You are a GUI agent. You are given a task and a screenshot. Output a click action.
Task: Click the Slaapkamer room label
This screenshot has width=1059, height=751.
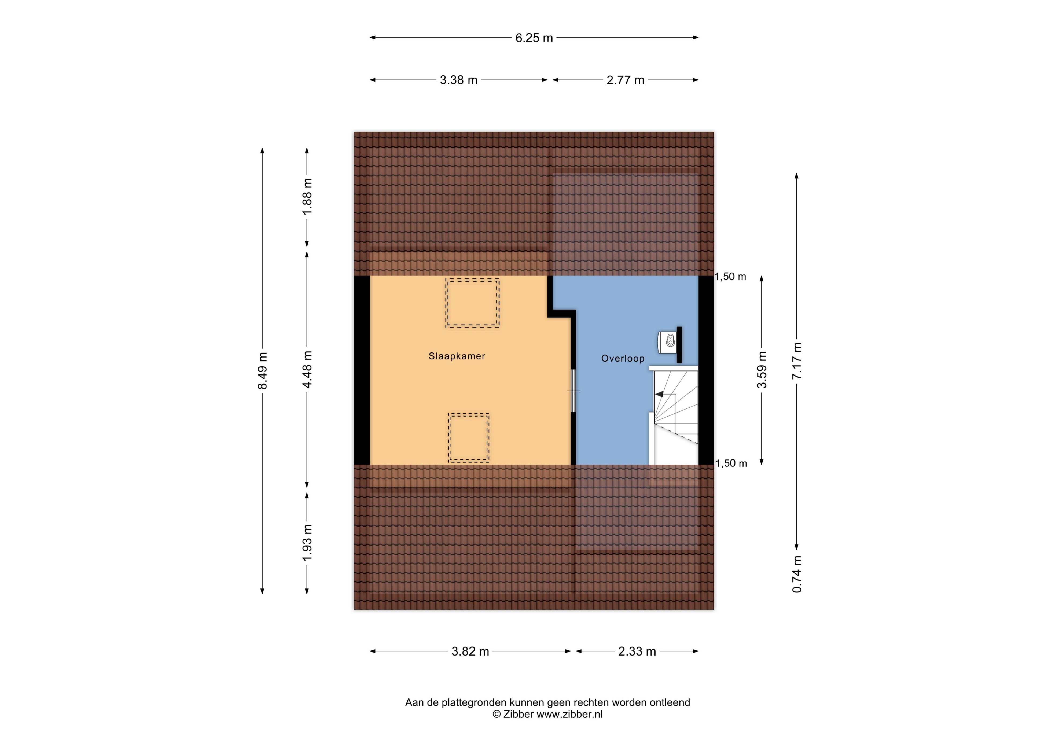click(x=457, y=356)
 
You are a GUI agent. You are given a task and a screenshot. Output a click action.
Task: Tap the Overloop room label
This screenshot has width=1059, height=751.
click(x=623, y=358)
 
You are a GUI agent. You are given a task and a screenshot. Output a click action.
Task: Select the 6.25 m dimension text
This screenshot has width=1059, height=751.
click(x=534, y=38)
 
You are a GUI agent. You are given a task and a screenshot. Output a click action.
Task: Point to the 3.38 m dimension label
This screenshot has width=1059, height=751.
click(x=458, y=80)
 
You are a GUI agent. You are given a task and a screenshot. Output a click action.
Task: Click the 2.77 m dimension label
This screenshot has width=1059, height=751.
click(x=625, y=80)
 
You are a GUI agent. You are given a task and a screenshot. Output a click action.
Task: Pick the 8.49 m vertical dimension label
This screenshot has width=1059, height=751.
click(x=262, y=370)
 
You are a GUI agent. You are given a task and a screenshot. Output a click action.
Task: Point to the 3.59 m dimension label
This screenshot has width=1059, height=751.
click(x=761, y=370)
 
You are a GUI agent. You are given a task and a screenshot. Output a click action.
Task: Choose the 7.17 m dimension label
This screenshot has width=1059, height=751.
click(x=796, y=361)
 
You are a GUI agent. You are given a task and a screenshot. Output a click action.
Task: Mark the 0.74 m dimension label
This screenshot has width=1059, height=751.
click(x=796, y=574)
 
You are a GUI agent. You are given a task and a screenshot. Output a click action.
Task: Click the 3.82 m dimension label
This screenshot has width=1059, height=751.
click(x=470, y=651)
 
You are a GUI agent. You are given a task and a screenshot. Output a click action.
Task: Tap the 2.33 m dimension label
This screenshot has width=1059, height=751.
click(x=637, y=651)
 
